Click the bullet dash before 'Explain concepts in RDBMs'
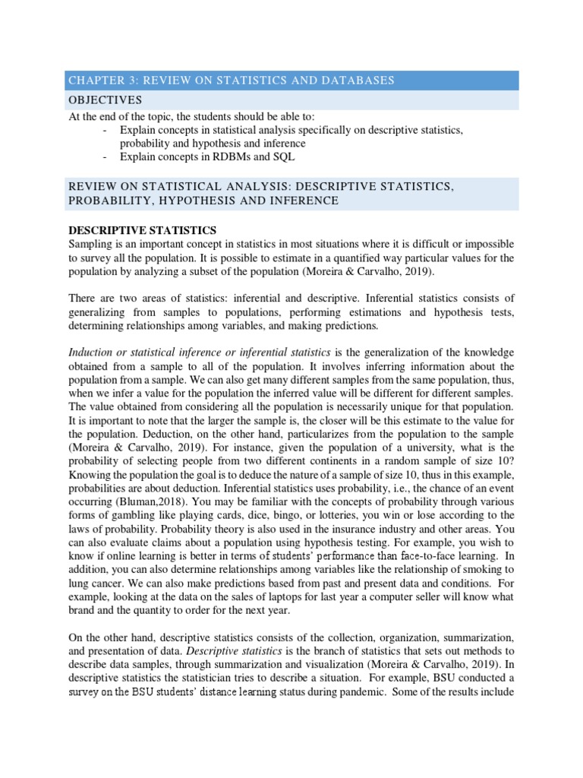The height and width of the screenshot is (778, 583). click(103, 157)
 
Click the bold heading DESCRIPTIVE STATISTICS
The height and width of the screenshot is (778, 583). click(143, 230)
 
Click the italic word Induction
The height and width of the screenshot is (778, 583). click(91, 353)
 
